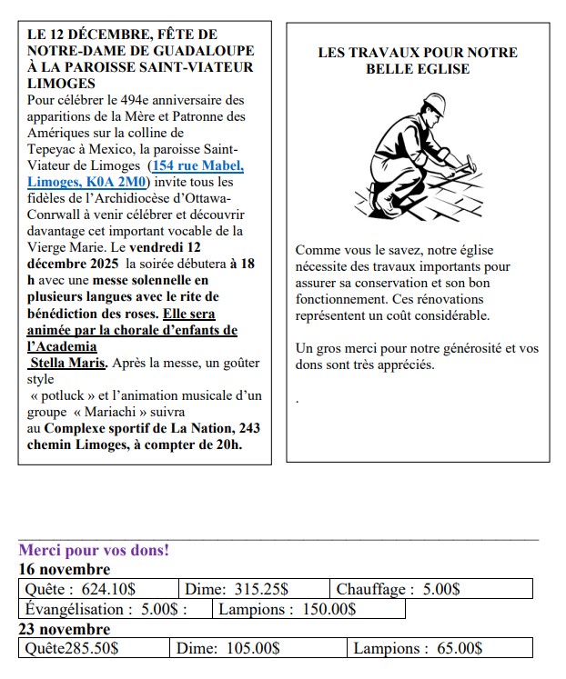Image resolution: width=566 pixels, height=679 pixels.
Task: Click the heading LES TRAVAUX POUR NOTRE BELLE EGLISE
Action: [x=418, y=60]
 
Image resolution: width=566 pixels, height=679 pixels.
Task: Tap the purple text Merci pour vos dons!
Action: [x=94, y=550]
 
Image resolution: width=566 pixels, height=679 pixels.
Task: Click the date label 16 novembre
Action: [x=65, y=570]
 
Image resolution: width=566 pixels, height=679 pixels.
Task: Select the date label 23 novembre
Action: [x=65, y=629]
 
